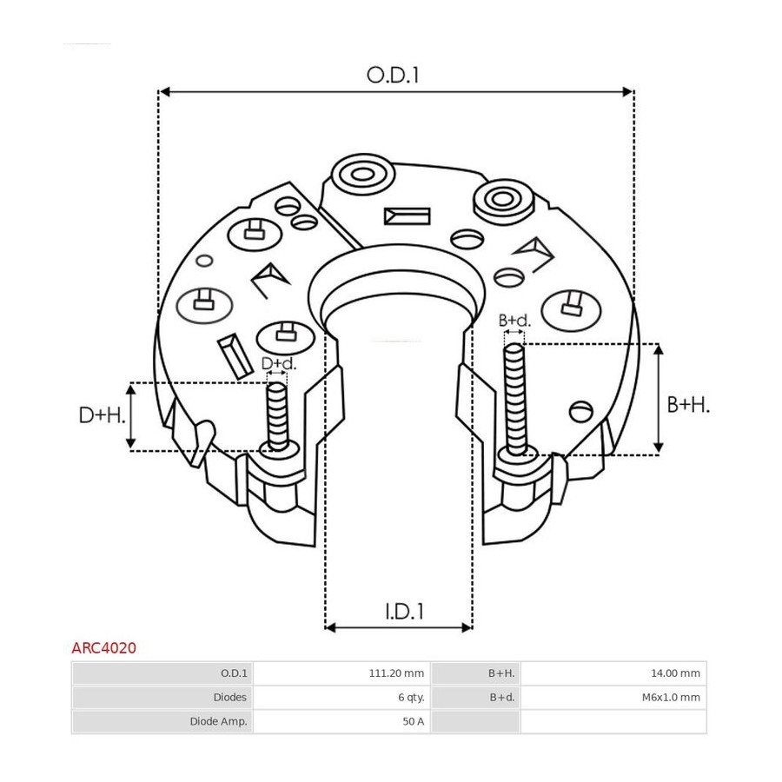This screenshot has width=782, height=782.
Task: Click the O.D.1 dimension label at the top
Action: pyautogui.click(x=393, y=76)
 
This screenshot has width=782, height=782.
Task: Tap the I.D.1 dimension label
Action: pyautogui.click(x=404, y=612)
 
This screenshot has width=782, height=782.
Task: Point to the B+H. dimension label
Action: pyautogui.click(x=688, y=405)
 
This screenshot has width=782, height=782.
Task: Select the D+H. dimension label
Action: pyautogui.click(x=103, y=415)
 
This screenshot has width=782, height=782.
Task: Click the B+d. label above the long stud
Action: pyautogui.click(x=514, y=320)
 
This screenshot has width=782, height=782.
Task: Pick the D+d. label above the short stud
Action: pyautogui.click(x=279, y=363)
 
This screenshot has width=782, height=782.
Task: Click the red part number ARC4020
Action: pyautogui.click(x=103, y=648)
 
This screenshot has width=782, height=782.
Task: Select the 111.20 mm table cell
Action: pyautogui.click(x=396, y=673)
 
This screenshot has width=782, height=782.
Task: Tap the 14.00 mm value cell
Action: pyautogui.click(x=675, y=673)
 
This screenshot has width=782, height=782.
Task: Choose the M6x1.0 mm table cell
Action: pyautogui.click(x=671, y=697)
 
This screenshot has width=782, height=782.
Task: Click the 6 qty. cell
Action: pyautogui.click(x=411, y=697)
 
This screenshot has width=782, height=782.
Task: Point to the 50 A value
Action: pyautogui.click(x=413, y=721)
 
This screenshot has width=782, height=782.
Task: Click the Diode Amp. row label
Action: pyautogui.click(x=218, y=721)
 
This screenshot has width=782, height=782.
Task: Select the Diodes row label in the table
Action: pyautogui.click(x=230, y=697)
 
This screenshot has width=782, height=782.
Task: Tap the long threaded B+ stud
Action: pyautogui.click(x=514, y=399)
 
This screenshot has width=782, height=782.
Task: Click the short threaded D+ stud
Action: pyautogui.click(x=277, y=416)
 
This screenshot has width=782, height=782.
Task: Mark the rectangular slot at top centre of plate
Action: pyautogui.click(x=407, y=216)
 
